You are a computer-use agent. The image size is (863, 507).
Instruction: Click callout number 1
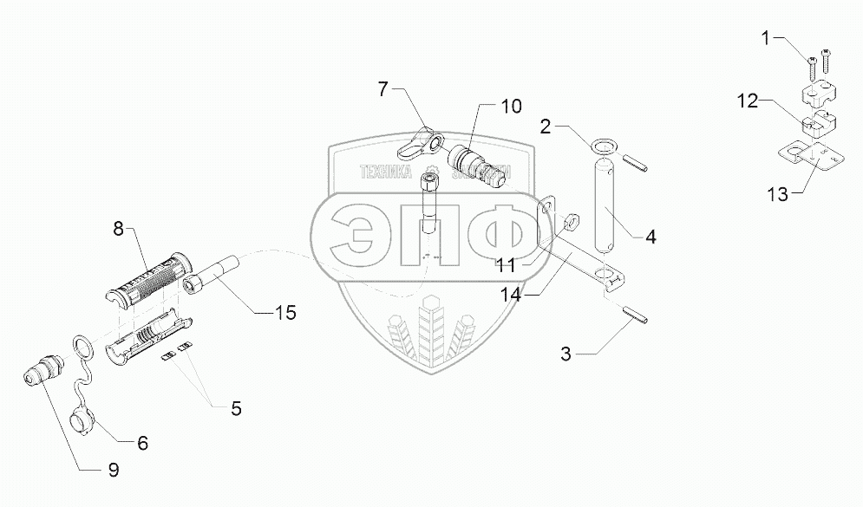pyautogui.click(x=765, y=37)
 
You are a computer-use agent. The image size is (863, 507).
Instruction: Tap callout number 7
pyautogui.click(x=384, y=89)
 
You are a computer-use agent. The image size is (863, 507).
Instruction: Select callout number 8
pyautogui.click(x=117, y=230)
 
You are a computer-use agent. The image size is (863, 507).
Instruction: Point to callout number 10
pyautogui.click(x=511, y=107)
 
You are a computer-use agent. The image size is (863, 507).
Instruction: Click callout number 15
pyautogui.click(x=284, y=313)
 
